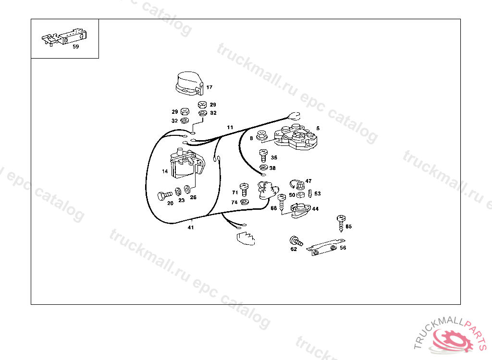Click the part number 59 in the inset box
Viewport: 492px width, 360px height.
pos(75,47)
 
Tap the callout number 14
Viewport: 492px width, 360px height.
pos(165,171)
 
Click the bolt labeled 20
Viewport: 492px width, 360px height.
pos(165,196)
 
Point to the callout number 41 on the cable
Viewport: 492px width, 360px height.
pos(191,228)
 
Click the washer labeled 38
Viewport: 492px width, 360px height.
pos(263,168)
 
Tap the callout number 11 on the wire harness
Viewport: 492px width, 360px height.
pos(230,127)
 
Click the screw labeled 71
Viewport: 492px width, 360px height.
pos(244,190)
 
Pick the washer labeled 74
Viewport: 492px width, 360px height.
pos(245,202)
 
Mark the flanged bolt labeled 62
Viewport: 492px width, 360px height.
pos(296,241)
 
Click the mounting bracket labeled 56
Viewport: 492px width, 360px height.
pos(325,247)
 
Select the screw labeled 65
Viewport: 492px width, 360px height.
pos(341,223)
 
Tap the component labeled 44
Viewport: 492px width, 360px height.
pos(301,210)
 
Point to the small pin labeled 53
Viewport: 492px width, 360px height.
pos(310,193)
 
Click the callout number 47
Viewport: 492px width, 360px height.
pos(308,181)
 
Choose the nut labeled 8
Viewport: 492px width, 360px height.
pos(261,135)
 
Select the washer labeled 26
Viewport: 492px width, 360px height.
pos(187,190)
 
